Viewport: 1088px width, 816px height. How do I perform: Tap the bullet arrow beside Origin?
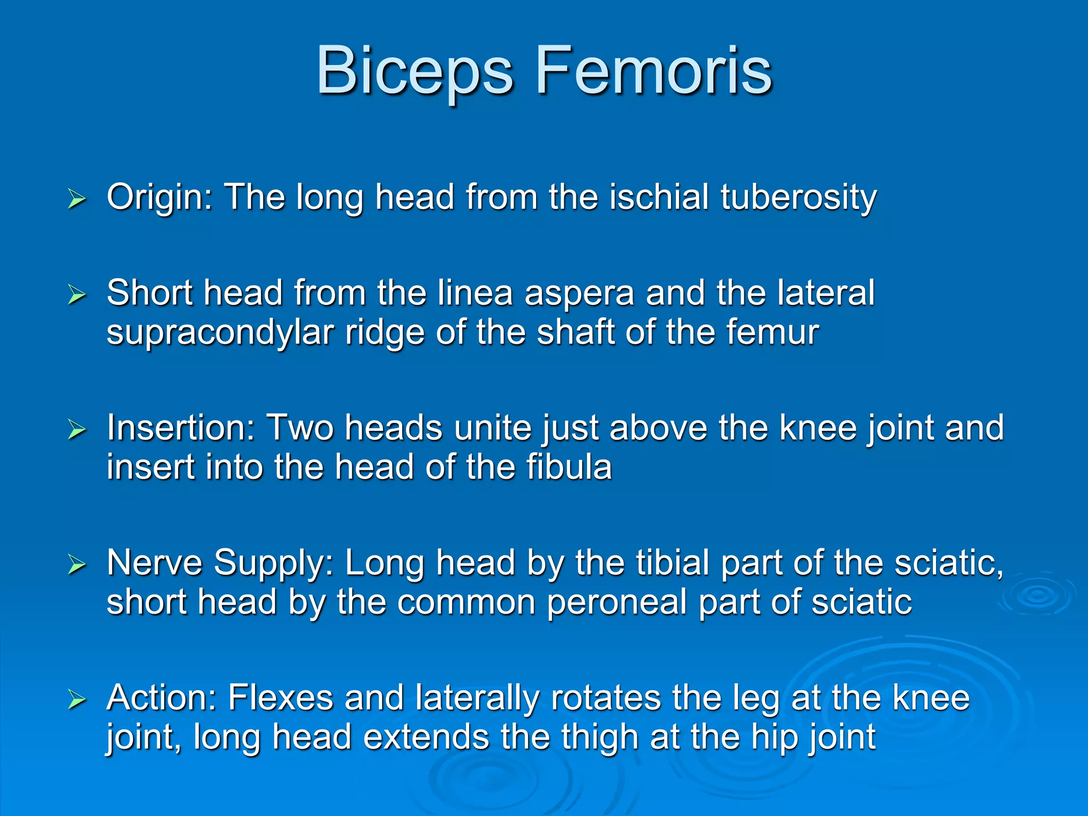point(77,200)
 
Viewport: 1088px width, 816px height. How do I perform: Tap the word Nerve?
point(155,563)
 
